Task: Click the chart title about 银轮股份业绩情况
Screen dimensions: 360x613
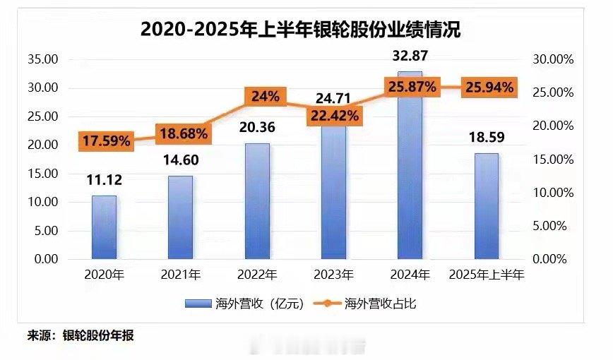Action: [x=306, y=30]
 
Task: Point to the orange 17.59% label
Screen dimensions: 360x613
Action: [x=105, y=140]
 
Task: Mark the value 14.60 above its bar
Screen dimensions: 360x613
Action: [x=181, y=160]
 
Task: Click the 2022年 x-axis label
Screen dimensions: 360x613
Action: [x=257, y=275]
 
